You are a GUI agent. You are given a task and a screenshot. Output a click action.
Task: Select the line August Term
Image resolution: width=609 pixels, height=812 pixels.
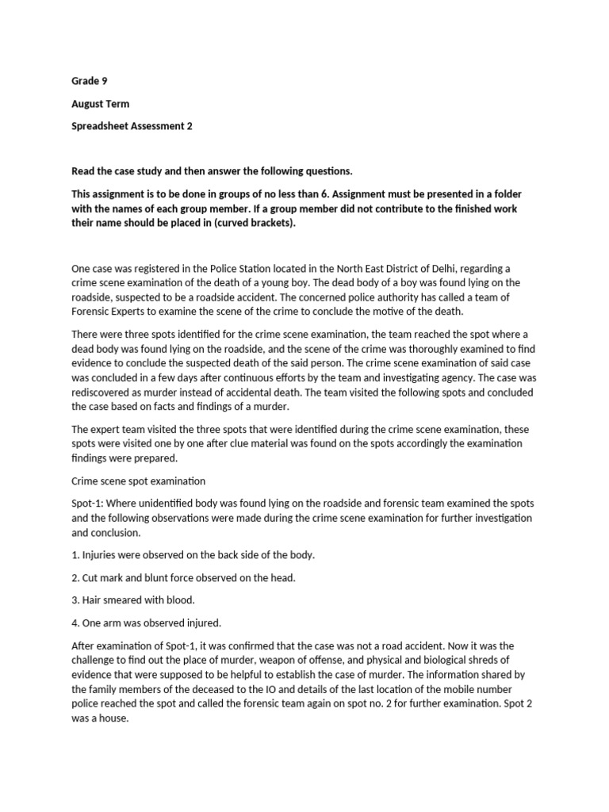pos(100,103)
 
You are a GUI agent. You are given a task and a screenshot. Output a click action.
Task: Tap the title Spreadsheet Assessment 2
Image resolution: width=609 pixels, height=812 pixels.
pos(132,125)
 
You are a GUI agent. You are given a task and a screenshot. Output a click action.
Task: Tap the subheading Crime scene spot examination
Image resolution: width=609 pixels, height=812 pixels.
pos(139,481)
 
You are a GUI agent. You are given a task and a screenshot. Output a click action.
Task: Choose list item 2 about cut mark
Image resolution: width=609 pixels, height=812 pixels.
pos(183,577)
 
